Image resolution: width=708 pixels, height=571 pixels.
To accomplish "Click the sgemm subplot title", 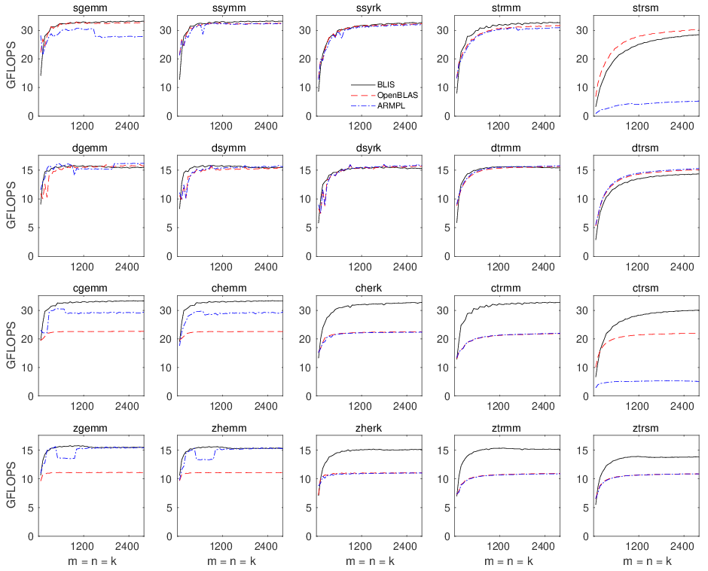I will [92, 8].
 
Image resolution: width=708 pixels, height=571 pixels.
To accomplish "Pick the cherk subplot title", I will [369, 288].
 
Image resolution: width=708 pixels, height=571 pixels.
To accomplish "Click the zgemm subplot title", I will [92, 428].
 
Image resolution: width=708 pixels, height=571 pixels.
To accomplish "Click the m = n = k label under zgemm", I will [92, 561].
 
